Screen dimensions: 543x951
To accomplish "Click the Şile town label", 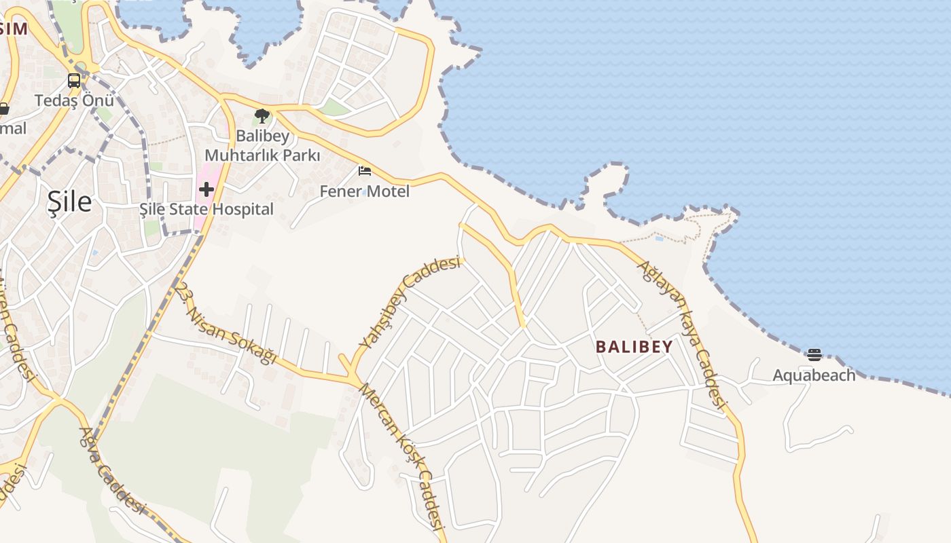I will (69, 202).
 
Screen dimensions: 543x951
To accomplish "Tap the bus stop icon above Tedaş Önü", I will (74, 81).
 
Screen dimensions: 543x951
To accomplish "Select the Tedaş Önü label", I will (74, 100).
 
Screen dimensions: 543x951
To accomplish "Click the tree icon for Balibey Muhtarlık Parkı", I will (262, 116).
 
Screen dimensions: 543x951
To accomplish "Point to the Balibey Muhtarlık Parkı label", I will (262, 145).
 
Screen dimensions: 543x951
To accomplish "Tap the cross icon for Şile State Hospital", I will (207, 189).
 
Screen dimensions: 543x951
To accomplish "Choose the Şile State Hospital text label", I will (207, 209).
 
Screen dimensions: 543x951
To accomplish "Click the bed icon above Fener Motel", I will (365, 171).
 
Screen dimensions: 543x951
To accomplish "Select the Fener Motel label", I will (365, 191).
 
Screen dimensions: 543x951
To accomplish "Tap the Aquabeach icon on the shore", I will (814, 354).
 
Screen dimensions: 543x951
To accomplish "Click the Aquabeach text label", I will (814, 375).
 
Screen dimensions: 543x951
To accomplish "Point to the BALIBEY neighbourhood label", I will (634, 347).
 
